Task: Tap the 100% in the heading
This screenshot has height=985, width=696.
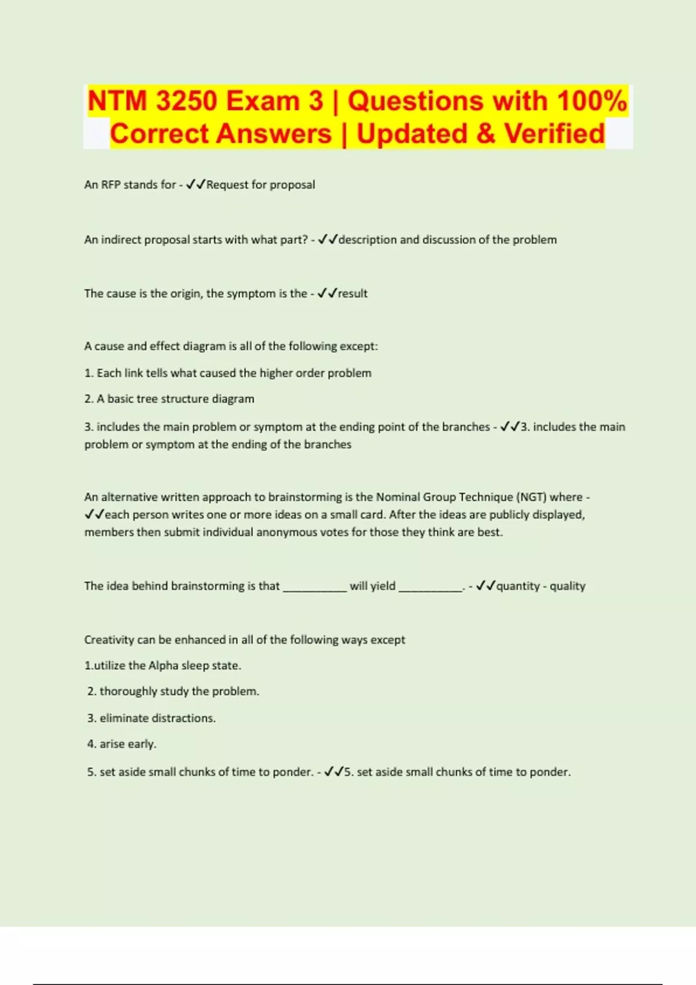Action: point(592,101)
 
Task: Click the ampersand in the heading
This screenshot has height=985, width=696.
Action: point(485,134)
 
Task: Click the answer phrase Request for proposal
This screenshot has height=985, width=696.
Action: point(260,185)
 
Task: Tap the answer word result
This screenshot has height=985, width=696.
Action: point(353,294)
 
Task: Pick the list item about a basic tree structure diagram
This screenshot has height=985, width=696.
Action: point(169,399)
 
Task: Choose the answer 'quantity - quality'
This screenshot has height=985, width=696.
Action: point(541,586)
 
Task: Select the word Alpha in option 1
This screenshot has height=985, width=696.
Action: point(163,666)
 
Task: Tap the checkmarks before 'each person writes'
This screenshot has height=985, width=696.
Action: point(95,515)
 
